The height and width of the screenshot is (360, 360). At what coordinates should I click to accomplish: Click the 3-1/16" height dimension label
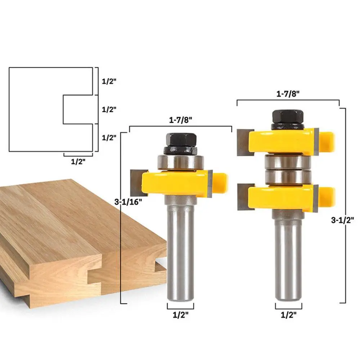128,202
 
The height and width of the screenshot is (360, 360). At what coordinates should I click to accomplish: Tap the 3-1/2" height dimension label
342,220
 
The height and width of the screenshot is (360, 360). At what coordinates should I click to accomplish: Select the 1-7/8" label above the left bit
180,120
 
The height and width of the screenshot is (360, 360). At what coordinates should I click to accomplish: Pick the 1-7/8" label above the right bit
288,94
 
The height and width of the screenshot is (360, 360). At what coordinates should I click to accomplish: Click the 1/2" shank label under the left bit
180,315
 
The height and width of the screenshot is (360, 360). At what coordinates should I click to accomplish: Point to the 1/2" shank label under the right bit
289,315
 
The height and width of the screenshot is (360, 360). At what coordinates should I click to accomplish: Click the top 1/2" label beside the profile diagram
109,81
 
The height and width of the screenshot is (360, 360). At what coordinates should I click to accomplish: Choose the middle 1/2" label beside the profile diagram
109,109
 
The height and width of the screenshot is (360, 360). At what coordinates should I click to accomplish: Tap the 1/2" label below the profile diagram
78,162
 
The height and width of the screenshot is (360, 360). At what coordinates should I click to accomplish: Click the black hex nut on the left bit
181,140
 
